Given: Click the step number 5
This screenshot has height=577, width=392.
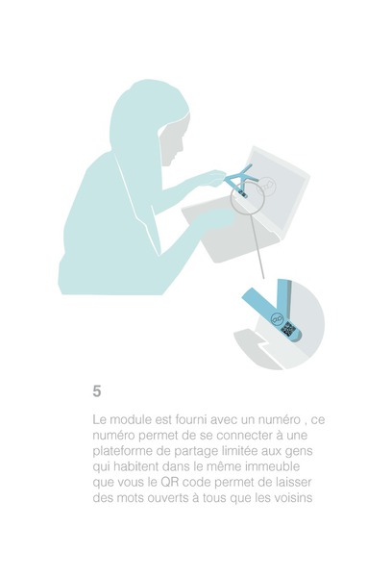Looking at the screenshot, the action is pos(97,390).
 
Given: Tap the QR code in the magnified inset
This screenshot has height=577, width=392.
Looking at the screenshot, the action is pos(288,328).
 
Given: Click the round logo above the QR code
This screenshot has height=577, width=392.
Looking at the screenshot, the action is pos(276,318).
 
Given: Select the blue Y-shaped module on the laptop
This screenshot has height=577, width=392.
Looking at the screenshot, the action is pos(240,180).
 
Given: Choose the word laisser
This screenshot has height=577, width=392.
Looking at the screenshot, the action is pos(295,482).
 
